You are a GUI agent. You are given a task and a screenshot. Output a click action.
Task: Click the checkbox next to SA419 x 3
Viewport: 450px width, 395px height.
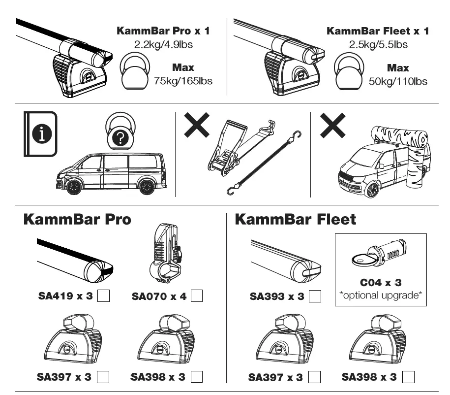pyautogui.click(x=104, y=296)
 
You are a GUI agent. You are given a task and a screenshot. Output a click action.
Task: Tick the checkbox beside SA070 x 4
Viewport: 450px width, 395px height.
pyautogui.click(x=197, y=296)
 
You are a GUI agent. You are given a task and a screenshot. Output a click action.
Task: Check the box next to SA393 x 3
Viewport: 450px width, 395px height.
pyautogui.click(x=315, y=296)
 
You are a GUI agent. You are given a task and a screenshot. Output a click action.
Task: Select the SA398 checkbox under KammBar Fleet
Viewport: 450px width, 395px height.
pyautogui.click(x=408, y=377)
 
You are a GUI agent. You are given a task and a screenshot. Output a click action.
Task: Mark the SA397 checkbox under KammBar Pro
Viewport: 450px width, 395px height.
pyautogui.click(x=103, y=377)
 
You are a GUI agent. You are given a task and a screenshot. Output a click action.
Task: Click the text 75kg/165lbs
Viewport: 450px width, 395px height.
pyautogui.click(x=183, y=81)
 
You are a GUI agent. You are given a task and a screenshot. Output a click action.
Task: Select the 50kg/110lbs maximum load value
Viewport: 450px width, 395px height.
pyautogui.click(x=398, y=81)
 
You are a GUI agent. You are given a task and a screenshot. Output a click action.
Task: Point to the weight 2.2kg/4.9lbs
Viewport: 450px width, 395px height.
pyautogui.click(x=163, y=44)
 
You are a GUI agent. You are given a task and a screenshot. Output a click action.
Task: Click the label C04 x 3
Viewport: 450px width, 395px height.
pyautogui.click(x=381, y=283)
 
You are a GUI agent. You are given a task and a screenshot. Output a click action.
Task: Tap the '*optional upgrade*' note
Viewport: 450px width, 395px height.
pyautogui.click(x=381, y=296)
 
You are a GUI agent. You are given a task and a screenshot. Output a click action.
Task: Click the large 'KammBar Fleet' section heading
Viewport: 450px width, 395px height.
pyautogui.click(x=295, y=219)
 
